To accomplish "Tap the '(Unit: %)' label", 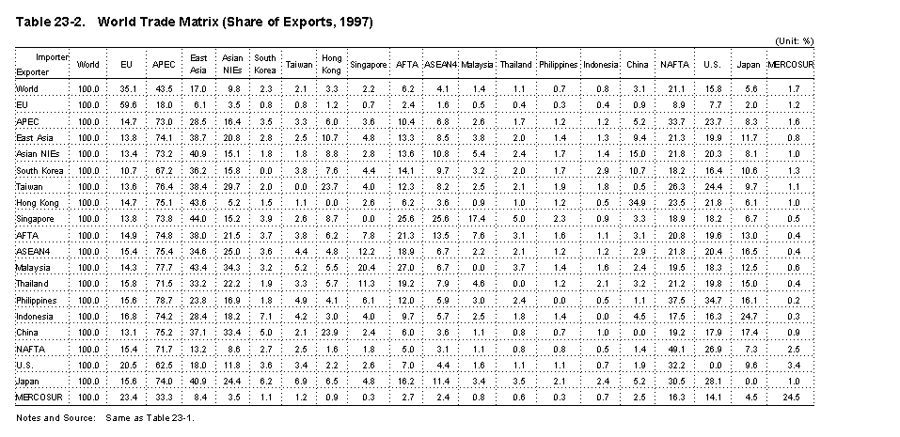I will click(794, 42).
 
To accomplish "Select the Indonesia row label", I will click(34, 317).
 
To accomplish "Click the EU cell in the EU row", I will click(128, 105).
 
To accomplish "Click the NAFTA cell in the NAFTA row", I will click(674, 349).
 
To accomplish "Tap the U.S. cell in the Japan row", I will click(713, 382).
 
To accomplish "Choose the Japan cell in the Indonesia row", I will click(750, 317).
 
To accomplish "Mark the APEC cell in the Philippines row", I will click(163, 301).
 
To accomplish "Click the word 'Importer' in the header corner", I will click(53, 57).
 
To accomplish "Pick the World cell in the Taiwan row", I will click(89, 186).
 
